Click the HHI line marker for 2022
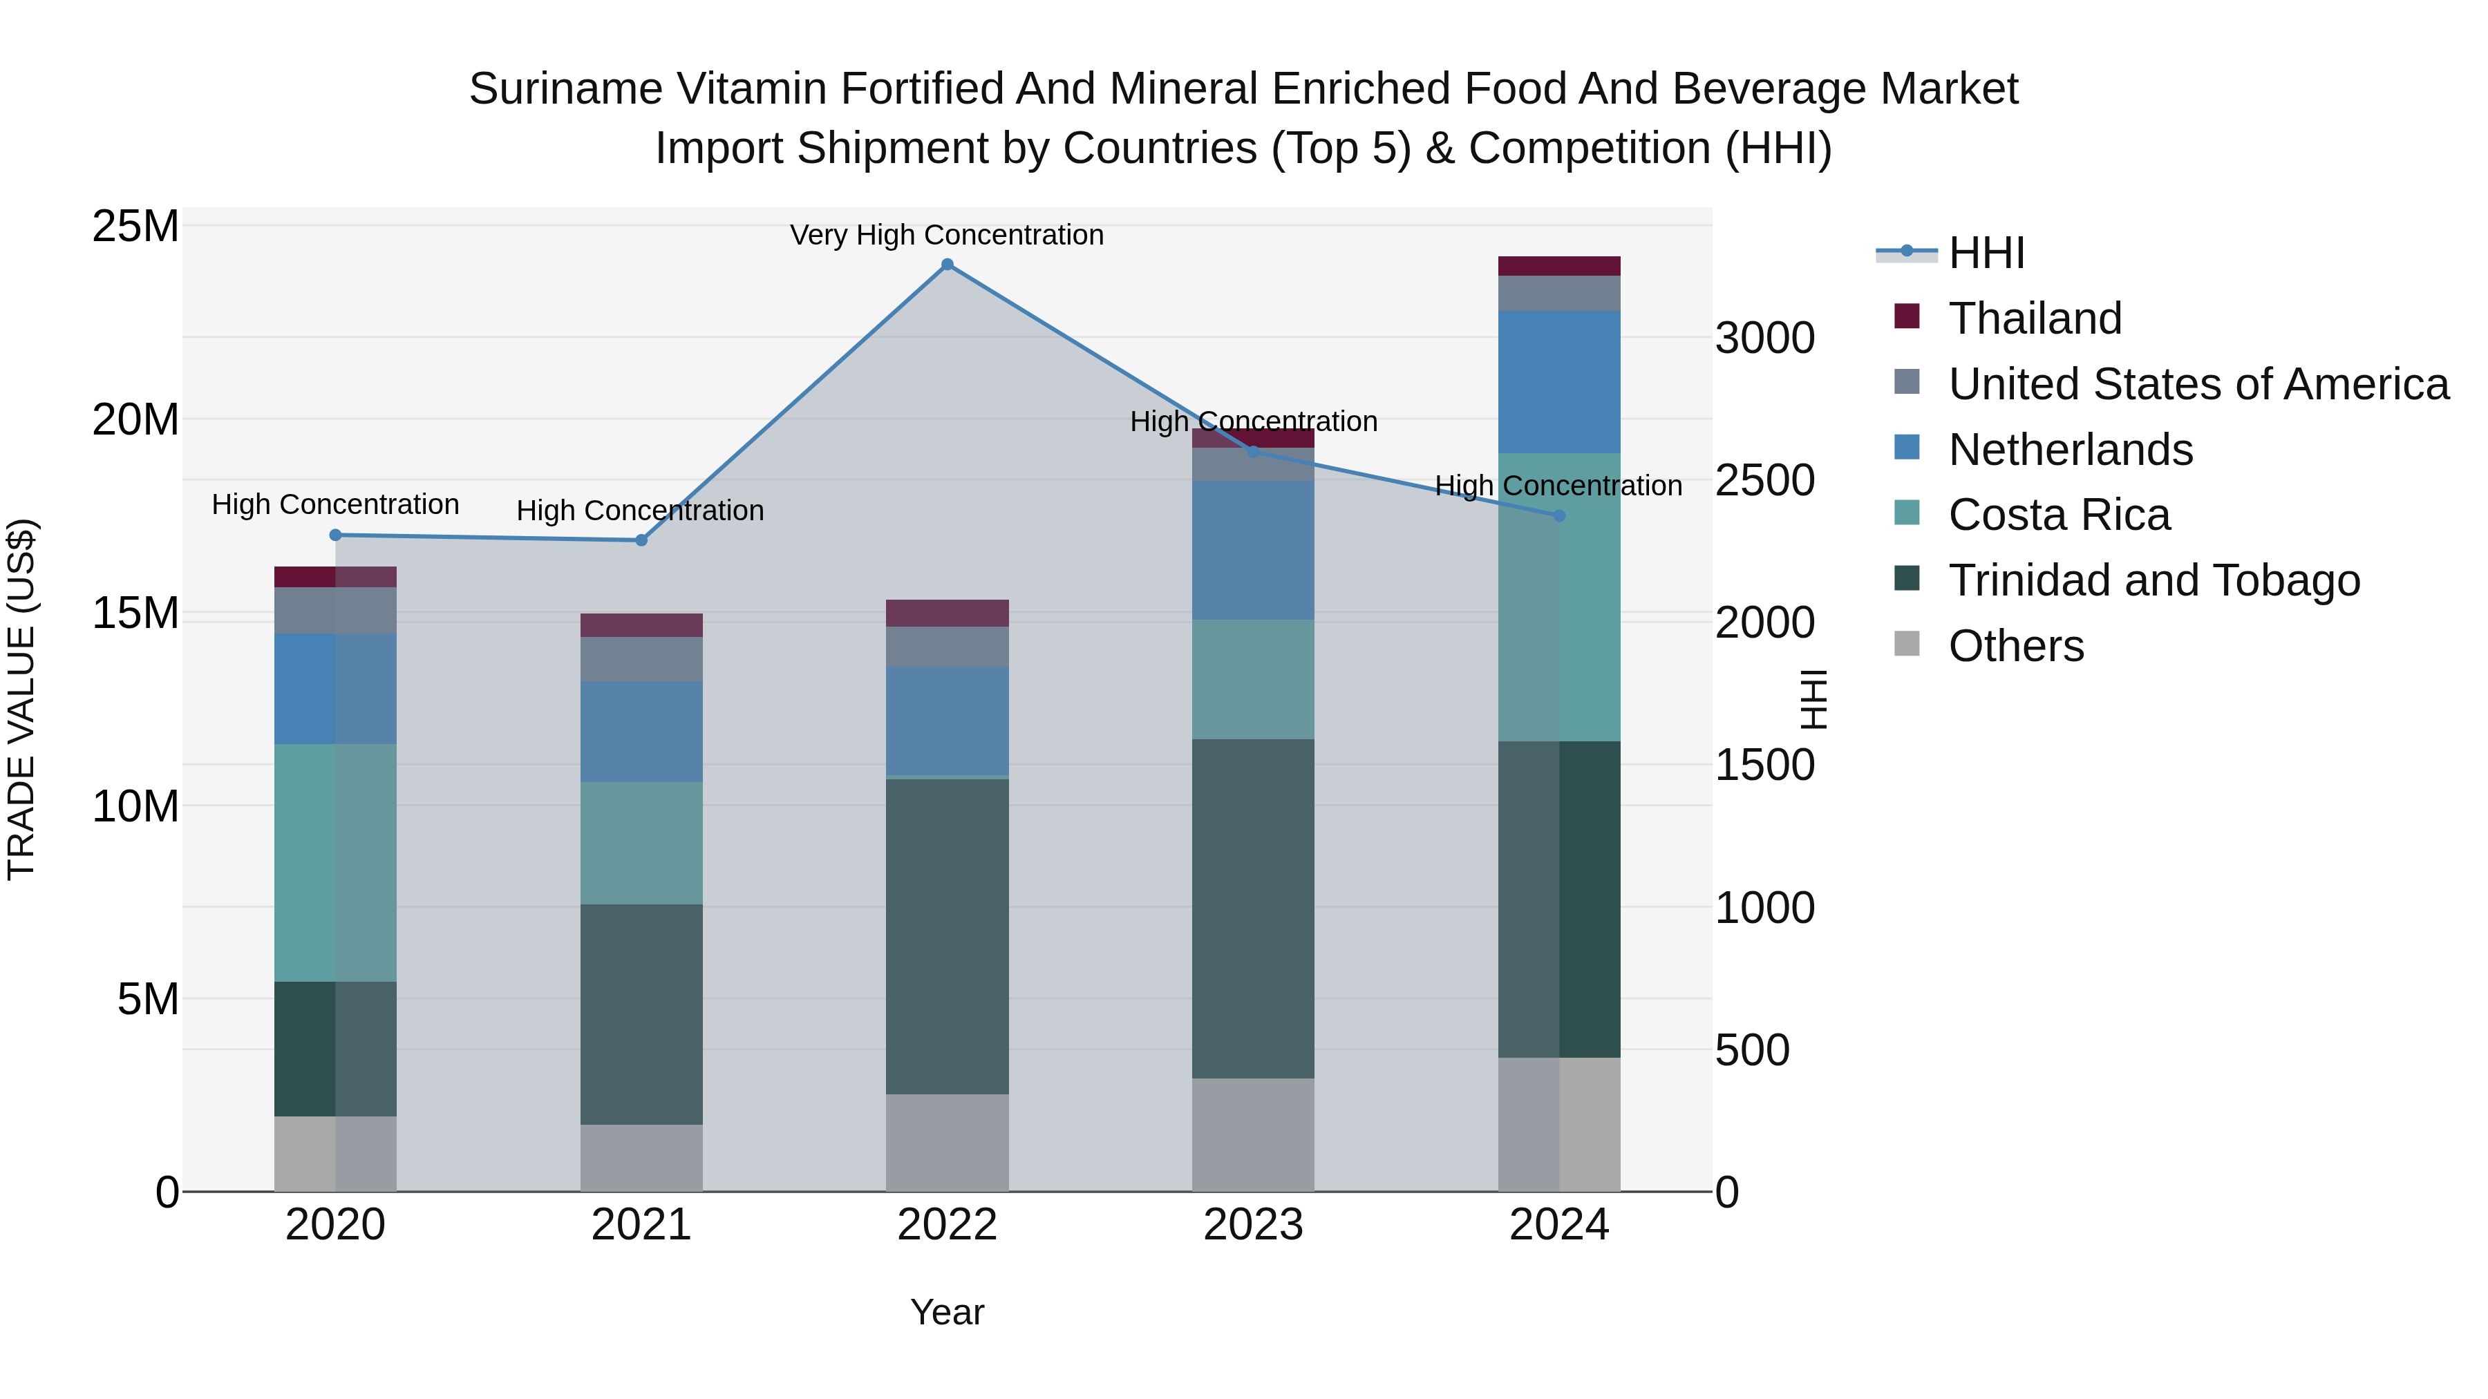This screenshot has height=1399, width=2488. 947,265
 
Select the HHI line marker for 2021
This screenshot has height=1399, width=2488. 641,540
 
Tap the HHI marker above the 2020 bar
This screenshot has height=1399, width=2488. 335,535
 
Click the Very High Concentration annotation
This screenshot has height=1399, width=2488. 947,235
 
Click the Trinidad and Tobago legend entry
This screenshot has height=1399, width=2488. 2153,580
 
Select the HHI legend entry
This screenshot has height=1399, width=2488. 1986,253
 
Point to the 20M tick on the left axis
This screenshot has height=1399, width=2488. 135,420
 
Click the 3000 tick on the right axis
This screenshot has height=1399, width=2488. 1764,339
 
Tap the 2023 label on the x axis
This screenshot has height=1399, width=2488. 1253,1225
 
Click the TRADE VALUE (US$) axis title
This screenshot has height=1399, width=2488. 21,699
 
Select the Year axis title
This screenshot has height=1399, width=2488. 947,1312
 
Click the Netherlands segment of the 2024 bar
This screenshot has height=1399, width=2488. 1559,381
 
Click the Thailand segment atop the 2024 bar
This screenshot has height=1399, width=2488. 1559,267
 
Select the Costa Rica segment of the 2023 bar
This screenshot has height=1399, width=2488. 1253,680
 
